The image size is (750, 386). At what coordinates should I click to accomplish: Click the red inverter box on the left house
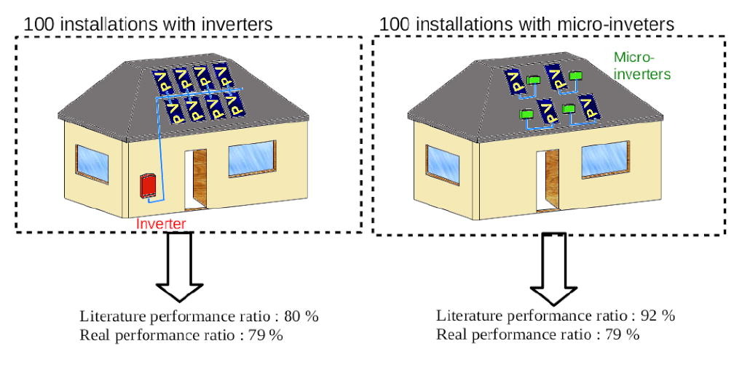click(147, 185)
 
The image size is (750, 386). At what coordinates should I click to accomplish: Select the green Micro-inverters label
click(642, 65)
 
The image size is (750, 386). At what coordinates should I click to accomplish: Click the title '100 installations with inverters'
click(149, 24)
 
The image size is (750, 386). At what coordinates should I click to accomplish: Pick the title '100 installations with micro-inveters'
click(526, 24)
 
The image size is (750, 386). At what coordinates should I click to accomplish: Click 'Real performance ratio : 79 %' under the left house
click(181, 335)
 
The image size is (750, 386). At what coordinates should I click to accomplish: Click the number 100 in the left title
click(39, 24)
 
